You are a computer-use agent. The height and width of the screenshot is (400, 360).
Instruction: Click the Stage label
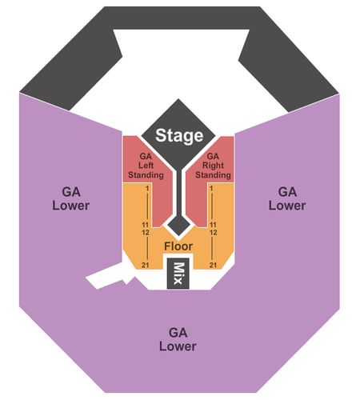point(179,135)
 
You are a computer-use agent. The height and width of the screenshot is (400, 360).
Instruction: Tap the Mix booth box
point(178,274)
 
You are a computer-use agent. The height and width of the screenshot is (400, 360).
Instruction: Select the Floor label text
point(178,246)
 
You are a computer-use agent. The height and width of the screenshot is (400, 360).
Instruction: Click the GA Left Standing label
point(146,166)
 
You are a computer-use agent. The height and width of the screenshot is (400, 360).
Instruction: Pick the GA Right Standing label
point(213,166)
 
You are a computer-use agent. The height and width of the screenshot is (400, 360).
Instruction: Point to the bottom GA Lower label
point(178,339)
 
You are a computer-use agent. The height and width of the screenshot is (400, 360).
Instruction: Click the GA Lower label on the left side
point(70,198)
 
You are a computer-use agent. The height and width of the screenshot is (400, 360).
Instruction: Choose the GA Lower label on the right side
point(287,198)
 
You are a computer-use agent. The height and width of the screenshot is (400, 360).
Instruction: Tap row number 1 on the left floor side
point(147,189)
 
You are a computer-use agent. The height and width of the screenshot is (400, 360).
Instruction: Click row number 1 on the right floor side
point(211,189)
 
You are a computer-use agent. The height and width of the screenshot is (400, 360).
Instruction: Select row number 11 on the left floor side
point(146,225)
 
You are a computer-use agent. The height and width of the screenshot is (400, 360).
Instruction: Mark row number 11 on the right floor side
point(213,225)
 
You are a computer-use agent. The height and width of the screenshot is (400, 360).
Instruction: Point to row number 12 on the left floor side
point(146,233)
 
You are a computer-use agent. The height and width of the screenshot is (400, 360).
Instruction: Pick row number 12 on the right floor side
point(213,233)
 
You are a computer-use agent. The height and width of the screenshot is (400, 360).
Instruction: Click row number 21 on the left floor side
point(146,265)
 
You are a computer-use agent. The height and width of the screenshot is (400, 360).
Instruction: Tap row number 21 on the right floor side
point(213,265)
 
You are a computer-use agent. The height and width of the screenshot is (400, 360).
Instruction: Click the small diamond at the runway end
point(178,225)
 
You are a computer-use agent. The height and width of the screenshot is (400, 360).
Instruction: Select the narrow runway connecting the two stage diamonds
point(178,192)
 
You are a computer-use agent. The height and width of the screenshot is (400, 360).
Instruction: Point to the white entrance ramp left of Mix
point(110,278)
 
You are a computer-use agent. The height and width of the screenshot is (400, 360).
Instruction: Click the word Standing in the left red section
point(146,175)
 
